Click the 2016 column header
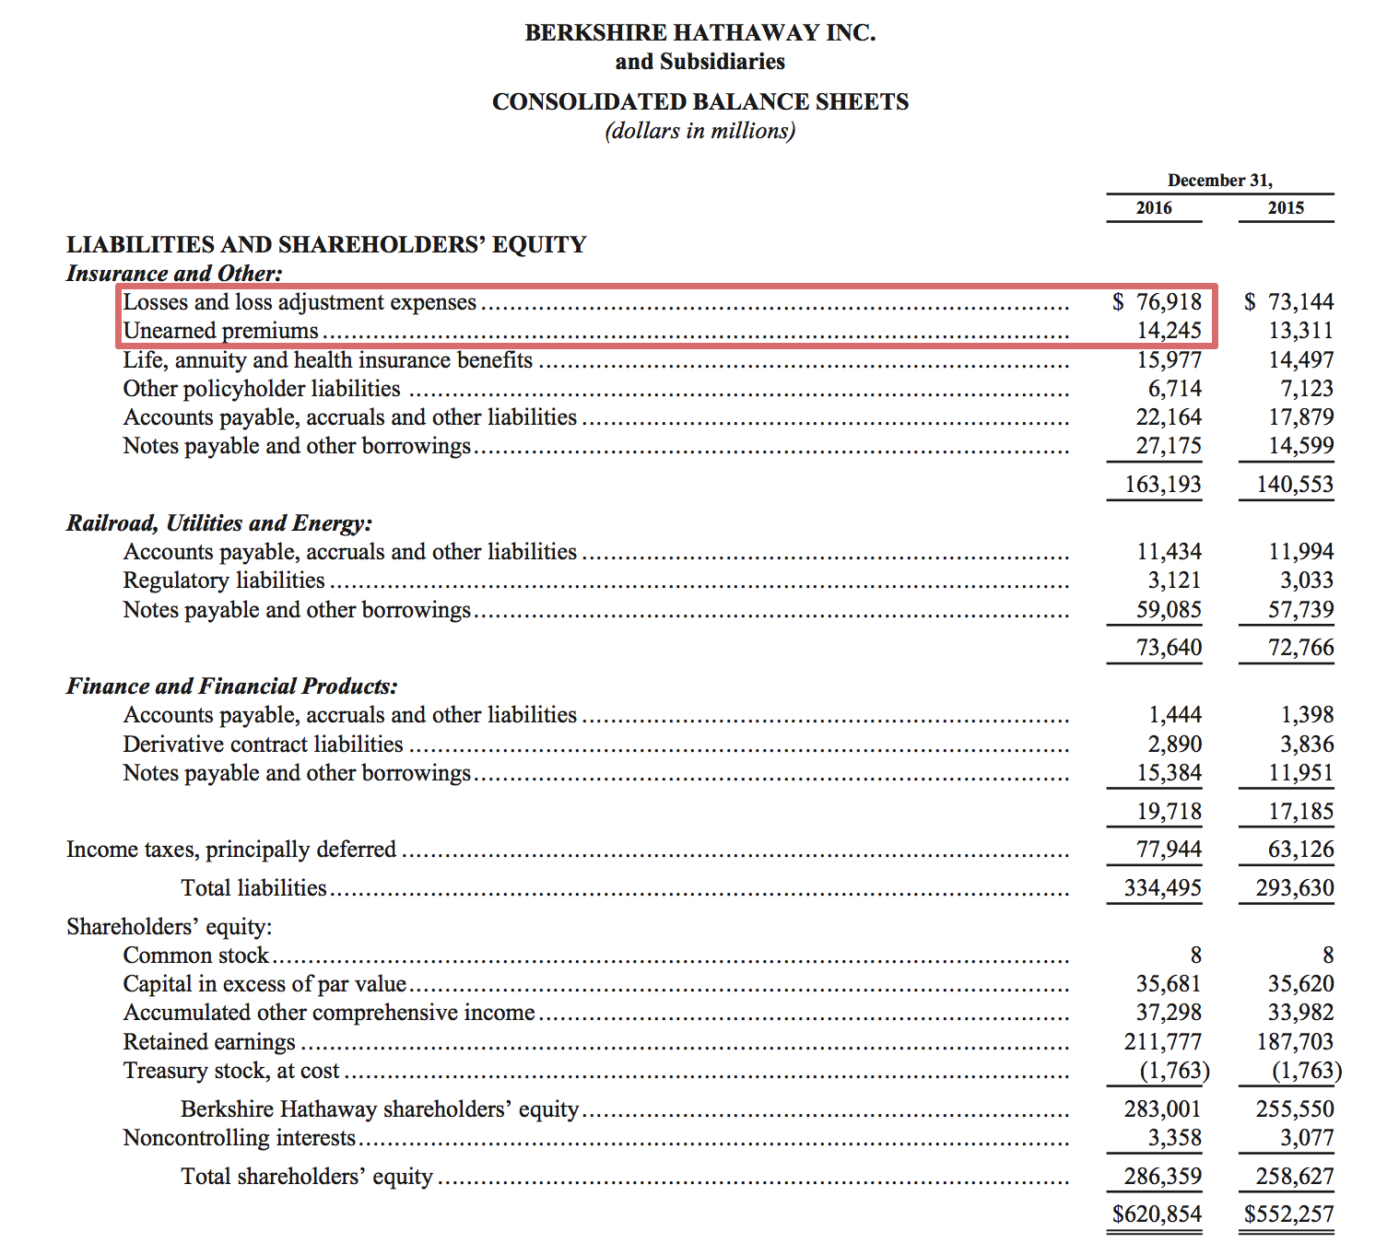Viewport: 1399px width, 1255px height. click(x=1154, y=208)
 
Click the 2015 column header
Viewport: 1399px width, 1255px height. click(x=1286, y=208)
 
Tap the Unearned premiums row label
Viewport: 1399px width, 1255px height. click(x=221, y=331)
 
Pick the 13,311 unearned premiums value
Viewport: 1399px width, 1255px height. click(x=1300, y=331)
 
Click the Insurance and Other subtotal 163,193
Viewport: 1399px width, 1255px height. click(x=1163, y=485)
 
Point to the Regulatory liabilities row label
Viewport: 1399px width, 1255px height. click(x=224, y=581)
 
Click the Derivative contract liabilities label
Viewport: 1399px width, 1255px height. click(x=264, y=745)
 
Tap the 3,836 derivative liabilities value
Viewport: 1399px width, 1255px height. click(x=1306, y=745)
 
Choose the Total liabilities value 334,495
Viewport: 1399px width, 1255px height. click(x=1163, y=888)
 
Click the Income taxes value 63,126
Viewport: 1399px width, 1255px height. click(x=1300, y=850)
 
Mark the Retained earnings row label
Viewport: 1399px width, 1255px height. click(x=209, y=1042)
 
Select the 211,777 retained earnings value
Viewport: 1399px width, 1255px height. click(x=1163, y=1042)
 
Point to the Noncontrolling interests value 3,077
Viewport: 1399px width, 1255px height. click(x=1306, y=1138)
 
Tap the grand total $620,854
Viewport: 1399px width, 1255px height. click(x=1157, y=1214)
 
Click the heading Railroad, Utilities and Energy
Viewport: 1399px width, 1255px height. click(x=219, y=523)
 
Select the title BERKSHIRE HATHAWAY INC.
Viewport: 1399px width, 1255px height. click(x=699, y=33)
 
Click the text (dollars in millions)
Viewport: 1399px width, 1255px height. click(x=699, y=131)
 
